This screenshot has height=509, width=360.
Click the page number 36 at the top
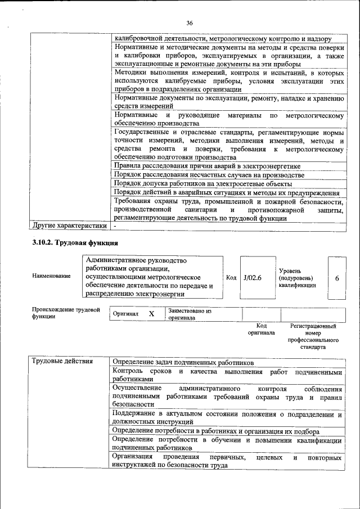pos(190,22)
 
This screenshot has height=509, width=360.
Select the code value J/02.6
pos(253,277)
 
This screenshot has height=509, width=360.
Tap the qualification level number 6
pos(336,278)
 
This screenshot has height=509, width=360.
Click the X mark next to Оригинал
pos(151,314)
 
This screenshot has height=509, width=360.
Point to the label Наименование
pos(52,276)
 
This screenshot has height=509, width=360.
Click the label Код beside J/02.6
pos(231,277)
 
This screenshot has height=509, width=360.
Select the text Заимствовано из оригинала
pos(189,314)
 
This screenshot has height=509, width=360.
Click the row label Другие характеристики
pos(69,226)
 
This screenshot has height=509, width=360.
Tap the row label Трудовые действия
pos(62,361)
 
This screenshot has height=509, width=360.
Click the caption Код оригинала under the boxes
pos(261,329)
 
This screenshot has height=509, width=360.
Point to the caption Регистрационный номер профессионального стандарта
pos(313,336)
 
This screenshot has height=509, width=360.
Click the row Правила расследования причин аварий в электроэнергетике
pos(207,166)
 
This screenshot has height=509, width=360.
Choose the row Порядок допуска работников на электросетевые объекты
pos(202,183)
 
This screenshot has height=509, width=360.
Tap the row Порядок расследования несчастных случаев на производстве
pos(209,175)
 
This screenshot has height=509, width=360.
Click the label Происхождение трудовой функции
pos(65,313)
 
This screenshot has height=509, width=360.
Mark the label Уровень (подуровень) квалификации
pos(297,278)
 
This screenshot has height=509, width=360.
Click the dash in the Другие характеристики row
pos(115,226)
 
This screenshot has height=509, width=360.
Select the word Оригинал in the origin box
pos(126,314)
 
